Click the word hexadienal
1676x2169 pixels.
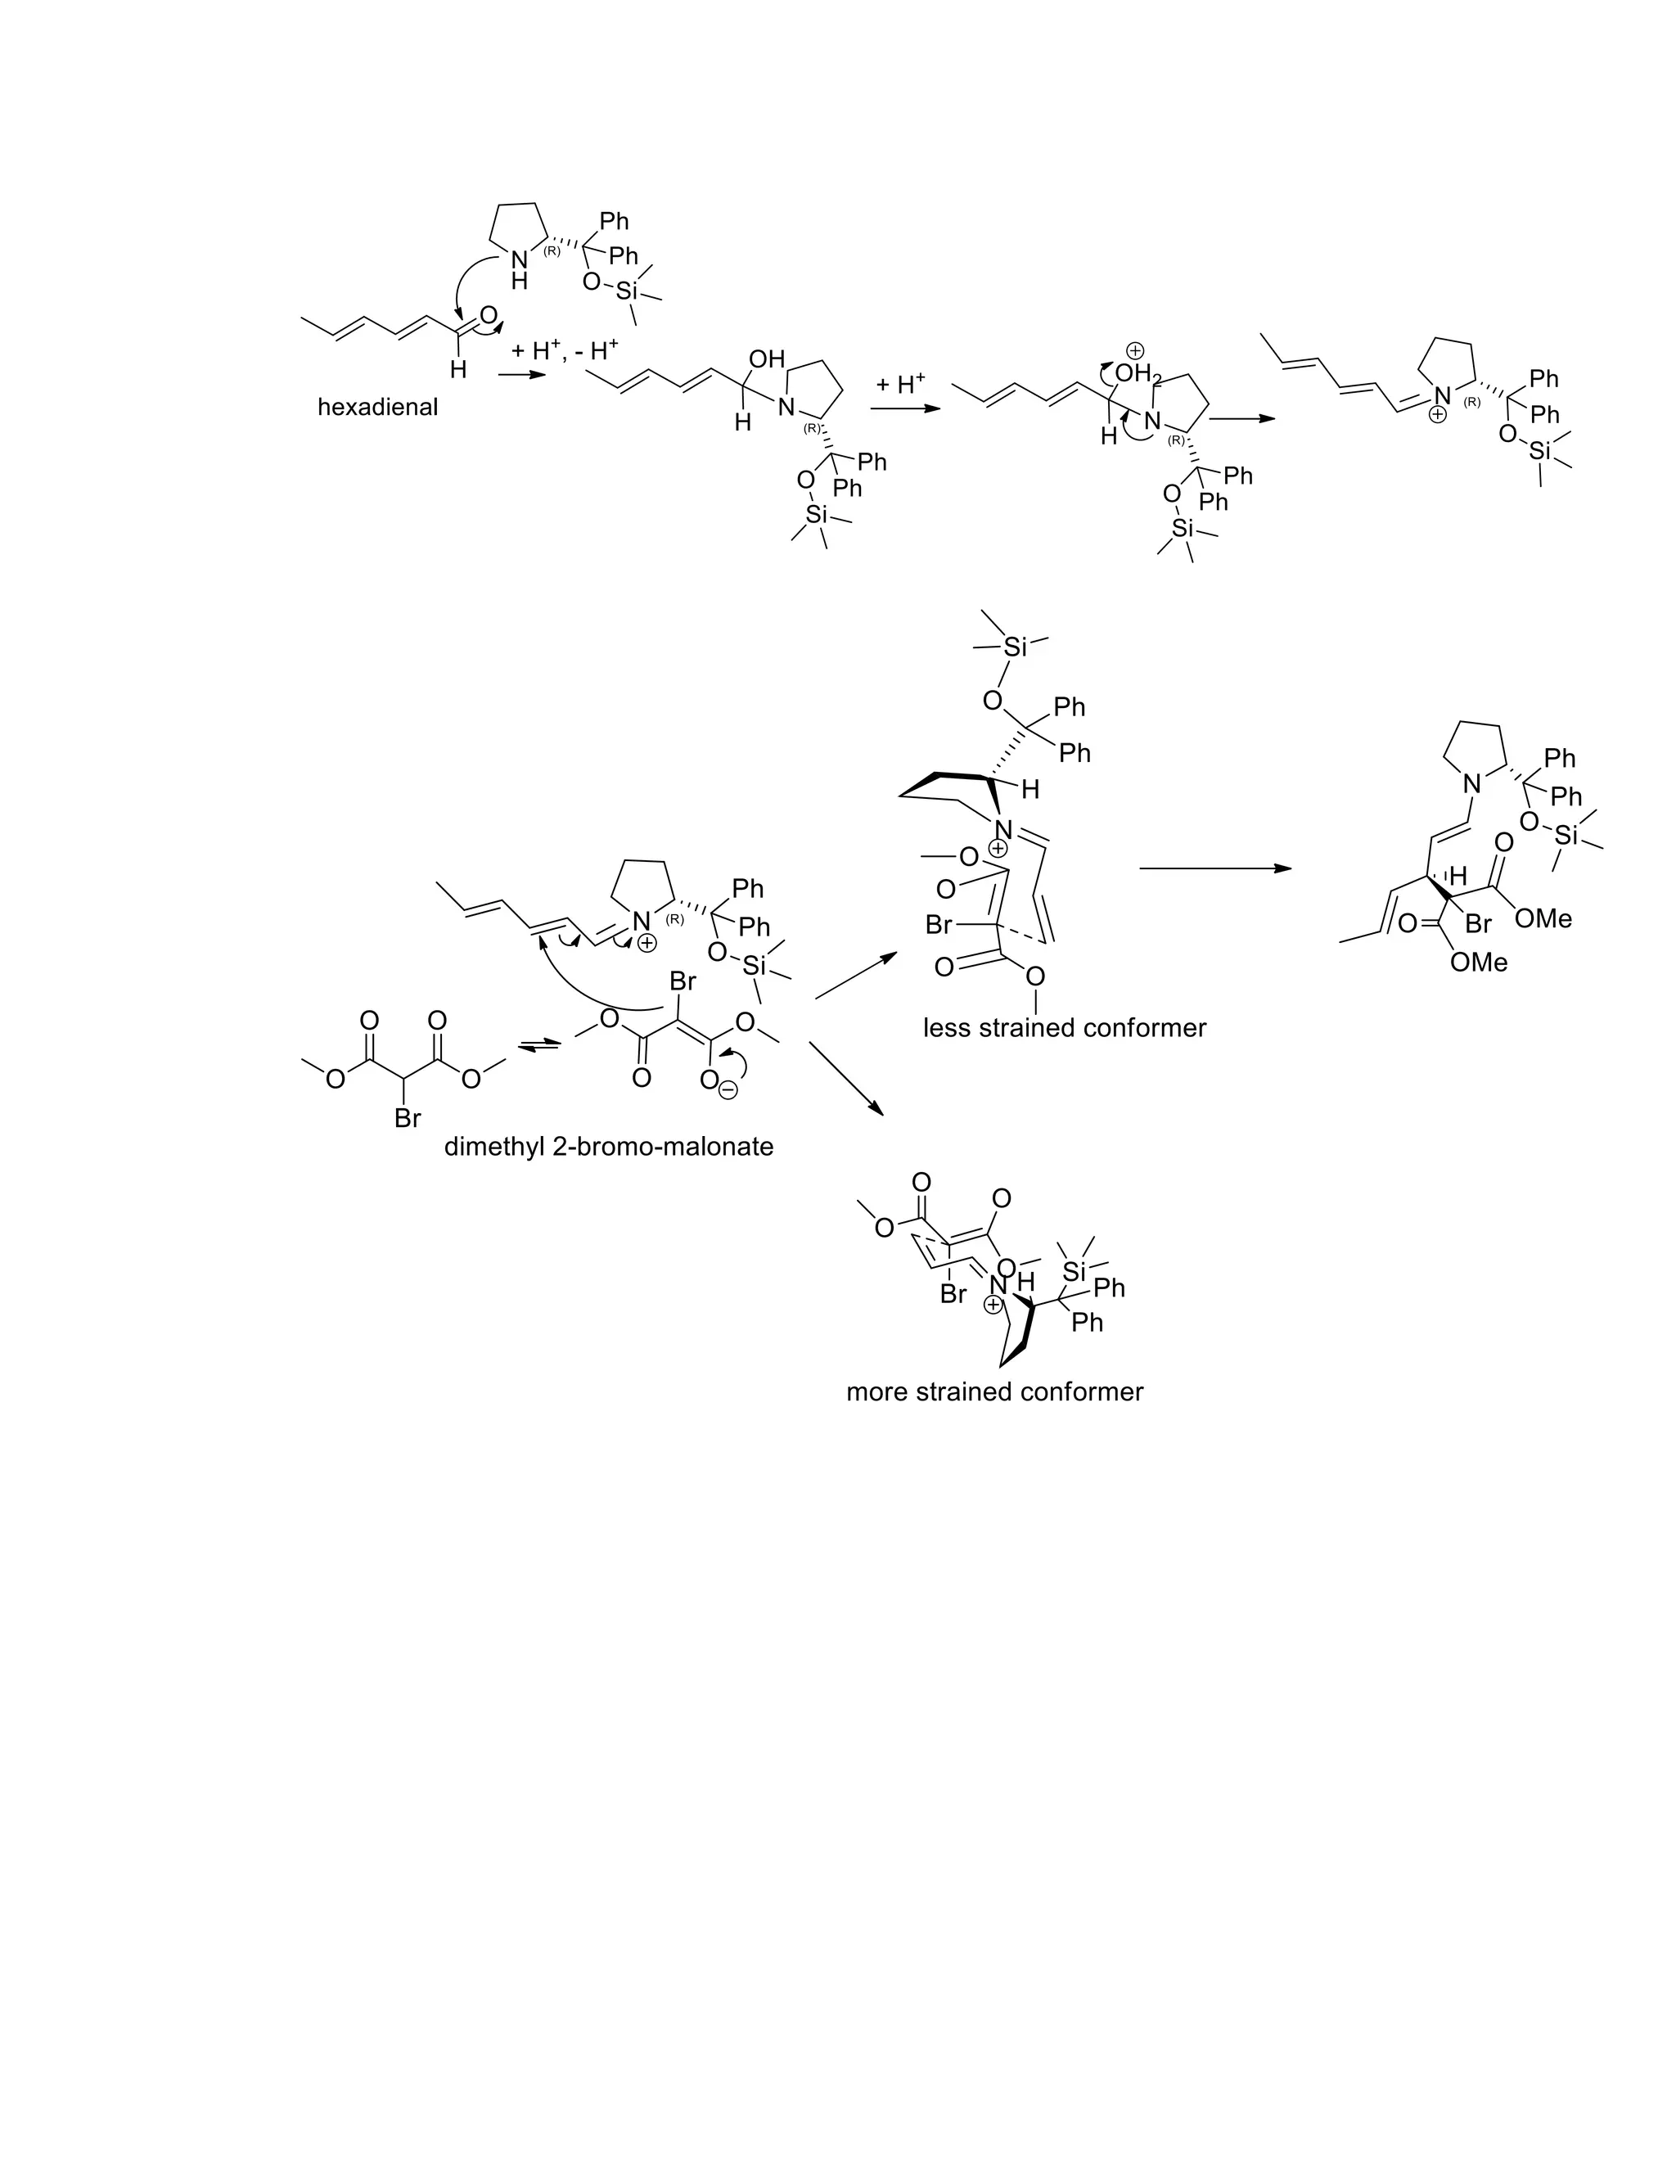tap(377, 407)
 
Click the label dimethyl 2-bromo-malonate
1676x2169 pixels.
tap(609, 1147)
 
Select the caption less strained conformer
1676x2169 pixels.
tap(1065, 1028)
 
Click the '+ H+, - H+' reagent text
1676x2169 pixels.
tap(564, 350)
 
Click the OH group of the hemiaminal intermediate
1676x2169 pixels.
tap(767, 359)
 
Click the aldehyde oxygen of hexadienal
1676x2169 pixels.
tap(488, 317)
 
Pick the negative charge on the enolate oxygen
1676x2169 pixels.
tap(729, 1089)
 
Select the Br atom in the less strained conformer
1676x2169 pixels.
tap(939, 926)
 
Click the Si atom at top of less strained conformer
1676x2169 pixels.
tap(1014, 647)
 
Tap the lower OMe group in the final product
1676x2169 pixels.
tap(1479, 963)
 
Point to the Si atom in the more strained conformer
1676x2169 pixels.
tap(1075, 1270)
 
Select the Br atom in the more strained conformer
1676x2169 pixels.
tap(953, 1295)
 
